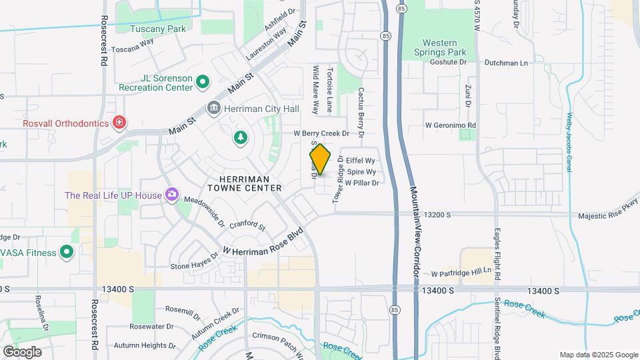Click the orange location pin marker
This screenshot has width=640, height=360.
(x=321, y=160)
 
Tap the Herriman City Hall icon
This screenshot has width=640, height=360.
(x=214, y=107)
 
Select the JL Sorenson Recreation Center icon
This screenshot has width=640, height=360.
(x=203, y=83)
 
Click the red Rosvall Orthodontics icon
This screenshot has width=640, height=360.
(x=119, y=122)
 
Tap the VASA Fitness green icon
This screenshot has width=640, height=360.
(x=66, y=251)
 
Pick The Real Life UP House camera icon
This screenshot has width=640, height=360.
(x=172, y=195)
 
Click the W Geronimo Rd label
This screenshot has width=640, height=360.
(x=451, y=125)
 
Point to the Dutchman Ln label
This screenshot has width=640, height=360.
(x=505, y=63)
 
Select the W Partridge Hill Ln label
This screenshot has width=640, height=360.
(x=465, y=273)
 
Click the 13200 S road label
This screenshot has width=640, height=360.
(x=438, y=215)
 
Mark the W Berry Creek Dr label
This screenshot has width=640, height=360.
(x=322, y=133)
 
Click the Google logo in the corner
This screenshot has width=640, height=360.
(x=22, y=351)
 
